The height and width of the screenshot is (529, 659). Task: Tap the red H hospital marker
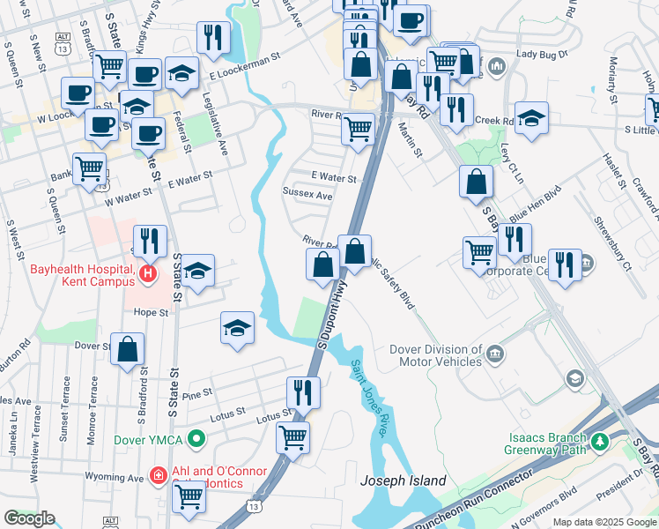pos(147,275)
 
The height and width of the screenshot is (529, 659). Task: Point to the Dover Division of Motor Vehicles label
pos(435,355)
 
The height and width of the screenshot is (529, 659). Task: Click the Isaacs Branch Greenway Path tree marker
pos(600,440)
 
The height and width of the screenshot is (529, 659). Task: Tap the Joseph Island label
pos(404,481)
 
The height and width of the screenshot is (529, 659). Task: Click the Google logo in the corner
pos(29,518)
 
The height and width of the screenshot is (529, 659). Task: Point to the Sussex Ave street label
pos(307,195)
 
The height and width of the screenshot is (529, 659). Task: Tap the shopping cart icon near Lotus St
pos(292,436)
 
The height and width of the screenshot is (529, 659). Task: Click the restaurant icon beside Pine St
pos(304,391)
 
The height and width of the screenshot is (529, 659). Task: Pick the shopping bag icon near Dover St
pos(128,347)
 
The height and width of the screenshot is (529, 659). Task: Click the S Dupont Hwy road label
pos(329,318)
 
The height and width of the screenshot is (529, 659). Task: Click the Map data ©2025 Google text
pos(604,522)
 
